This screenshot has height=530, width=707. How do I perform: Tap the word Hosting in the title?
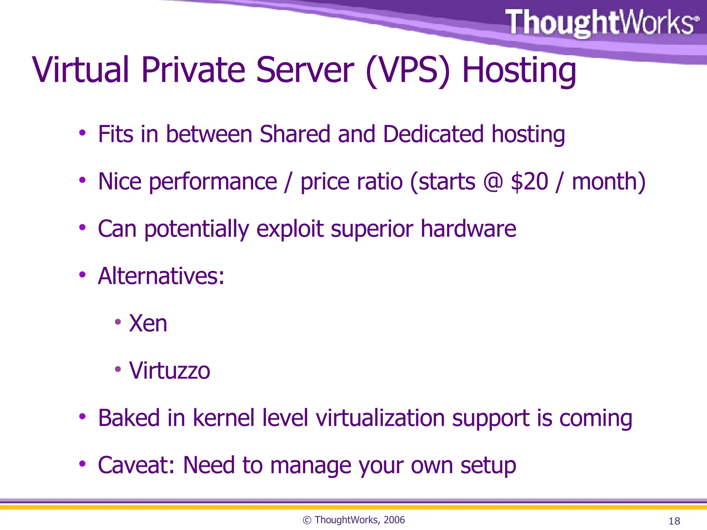(x=519, y=71)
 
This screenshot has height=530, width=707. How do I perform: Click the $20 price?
(x=529, y=181)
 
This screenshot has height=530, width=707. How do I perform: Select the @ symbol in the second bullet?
(x=493, y=181)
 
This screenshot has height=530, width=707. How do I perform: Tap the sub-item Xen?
(x=148, y=324)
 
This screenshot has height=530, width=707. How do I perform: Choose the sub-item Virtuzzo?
(x=170, y=371)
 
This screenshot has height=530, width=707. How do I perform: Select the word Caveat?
(x=136, y=465)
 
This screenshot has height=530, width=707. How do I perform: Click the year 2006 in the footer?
(x=394, y=520)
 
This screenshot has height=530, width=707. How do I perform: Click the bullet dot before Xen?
(x=118, y=322)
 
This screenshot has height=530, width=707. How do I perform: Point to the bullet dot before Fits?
(x=82, y=133)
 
